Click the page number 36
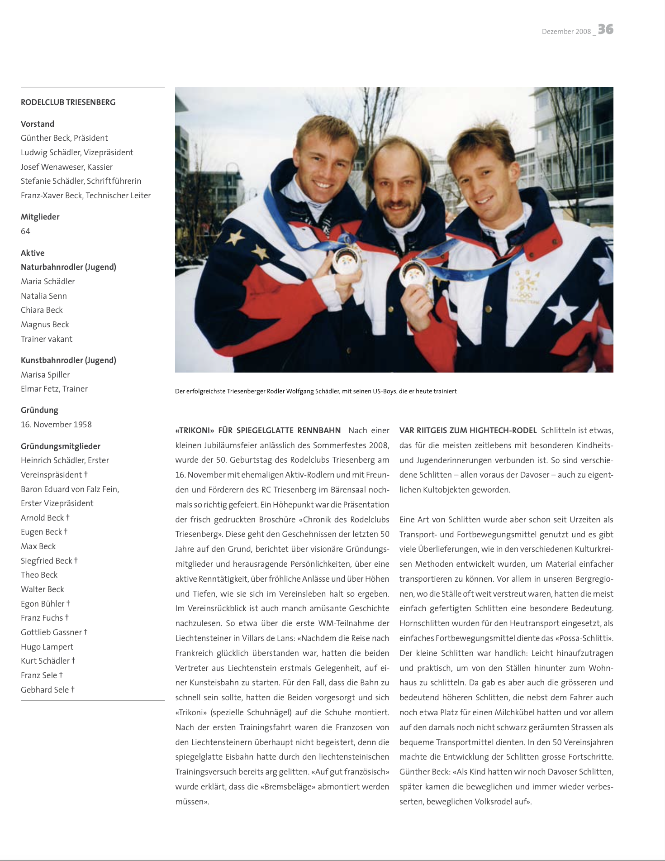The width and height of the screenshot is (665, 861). point(605,29)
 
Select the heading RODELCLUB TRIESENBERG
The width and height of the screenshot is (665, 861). point(68,102)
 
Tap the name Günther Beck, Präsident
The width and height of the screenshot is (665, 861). point(64,138)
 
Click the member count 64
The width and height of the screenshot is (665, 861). point(25,231)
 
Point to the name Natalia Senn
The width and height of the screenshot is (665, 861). point(44,296)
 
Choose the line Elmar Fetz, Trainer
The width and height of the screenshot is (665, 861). point(54,389)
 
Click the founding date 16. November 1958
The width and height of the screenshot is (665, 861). point(56,425)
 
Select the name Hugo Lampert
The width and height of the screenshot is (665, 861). point(47,647)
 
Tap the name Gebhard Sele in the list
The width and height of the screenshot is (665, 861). point(45,690)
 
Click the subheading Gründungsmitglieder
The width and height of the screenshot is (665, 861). point(61,446)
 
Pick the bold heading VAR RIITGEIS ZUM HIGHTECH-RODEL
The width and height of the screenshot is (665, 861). point(468,430)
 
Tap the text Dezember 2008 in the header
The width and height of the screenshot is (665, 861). point(566,32)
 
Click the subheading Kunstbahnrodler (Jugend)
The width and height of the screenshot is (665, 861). point(68,360)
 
